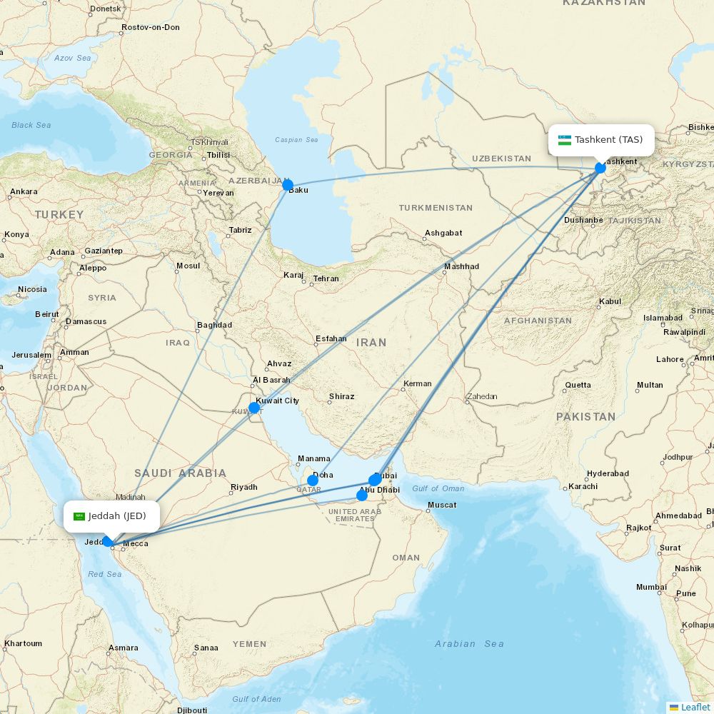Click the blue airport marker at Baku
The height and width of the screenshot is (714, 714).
click(x=288, y=186)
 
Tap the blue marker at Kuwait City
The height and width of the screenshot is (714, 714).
click(x=254, y=408)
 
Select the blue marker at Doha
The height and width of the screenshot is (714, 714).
click(x=313, y=480)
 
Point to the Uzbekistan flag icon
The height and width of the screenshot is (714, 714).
click(x=565, y=140)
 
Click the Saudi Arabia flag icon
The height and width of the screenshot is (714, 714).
click(x=79, y=516)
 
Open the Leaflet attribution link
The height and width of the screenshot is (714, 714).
click(x=695, y=707)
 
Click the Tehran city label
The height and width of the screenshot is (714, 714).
click(x=326, y=278)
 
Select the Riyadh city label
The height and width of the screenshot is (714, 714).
click(x=243, y=487)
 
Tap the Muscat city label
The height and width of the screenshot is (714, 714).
click(x=441, y=506)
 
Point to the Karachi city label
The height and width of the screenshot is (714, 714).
click(x=583, y=486)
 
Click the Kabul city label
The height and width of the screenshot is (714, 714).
click(x=610, y=301)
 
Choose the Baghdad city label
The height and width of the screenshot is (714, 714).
click(x=214, y=325)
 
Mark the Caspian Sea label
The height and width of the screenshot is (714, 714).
click(x=296, y=140)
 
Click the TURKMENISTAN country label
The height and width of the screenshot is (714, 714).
click(x=436, y=208)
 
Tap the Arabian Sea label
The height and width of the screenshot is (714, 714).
click(x=469, y=643)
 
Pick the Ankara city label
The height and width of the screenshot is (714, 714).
click(x=24, y=191)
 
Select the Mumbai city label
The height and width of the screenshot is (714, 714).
click(x=651, y=587)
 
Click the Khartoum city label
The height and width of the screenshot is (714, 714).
click(x=23, y=643)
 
